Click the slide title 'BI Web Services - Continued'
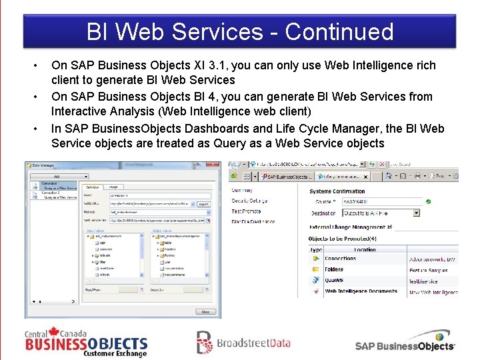coord(240,31)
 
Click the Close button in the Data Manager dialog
coord(205,311)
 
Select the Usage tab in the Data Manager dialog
coord(113,187)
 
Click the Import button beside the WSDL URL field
coord(203,204)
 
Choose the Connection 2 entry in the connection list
coord(51,193)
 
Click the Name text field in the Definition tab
coord(160,196)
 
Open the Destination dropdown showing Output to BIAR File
coord(381,213)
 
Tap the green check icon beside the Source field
coord(428,201)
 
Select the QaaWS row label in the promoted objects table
coord(334,281)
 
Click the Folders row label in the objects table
coord(335,270)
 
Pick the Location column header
coord(365,249)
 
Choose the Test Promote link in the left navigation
coord(247,211)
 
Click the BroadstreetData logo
coord(243,343)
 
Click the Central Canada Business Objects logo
coord(86,343)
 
